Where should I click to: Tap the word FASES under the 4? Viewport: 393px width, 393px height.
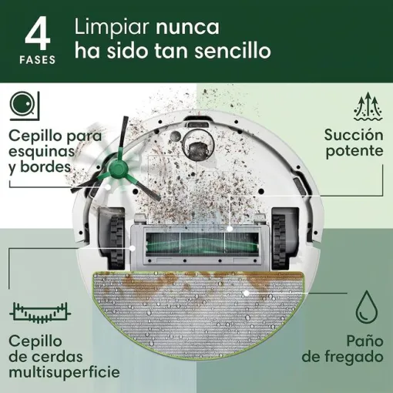(39, 60)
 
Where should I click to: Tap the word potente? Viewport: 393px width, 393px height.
(354, 151)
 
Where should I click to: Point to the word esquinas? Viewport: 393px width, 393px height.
(39, 150)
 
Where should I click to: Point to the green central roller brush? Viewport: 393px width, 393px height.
(196, 246)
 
